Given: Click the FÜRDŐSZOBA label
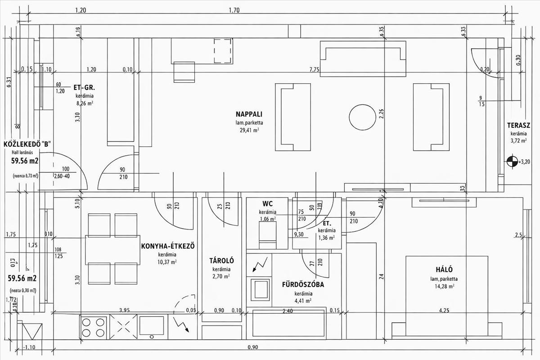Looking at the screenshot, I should [303, 284].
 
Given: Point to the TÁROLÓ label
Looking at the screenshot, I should [221, 261].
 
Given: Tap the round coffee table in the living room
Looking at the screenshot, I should [361, 117].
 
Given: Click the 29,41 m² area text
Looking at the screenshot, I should [249, 130].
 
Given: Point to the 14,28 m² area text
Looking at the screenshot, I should [441, 286].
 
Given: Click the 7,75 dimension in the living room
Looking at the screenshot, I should [314, 70].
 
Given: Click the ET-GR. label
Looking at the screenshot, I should [84, 88].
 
